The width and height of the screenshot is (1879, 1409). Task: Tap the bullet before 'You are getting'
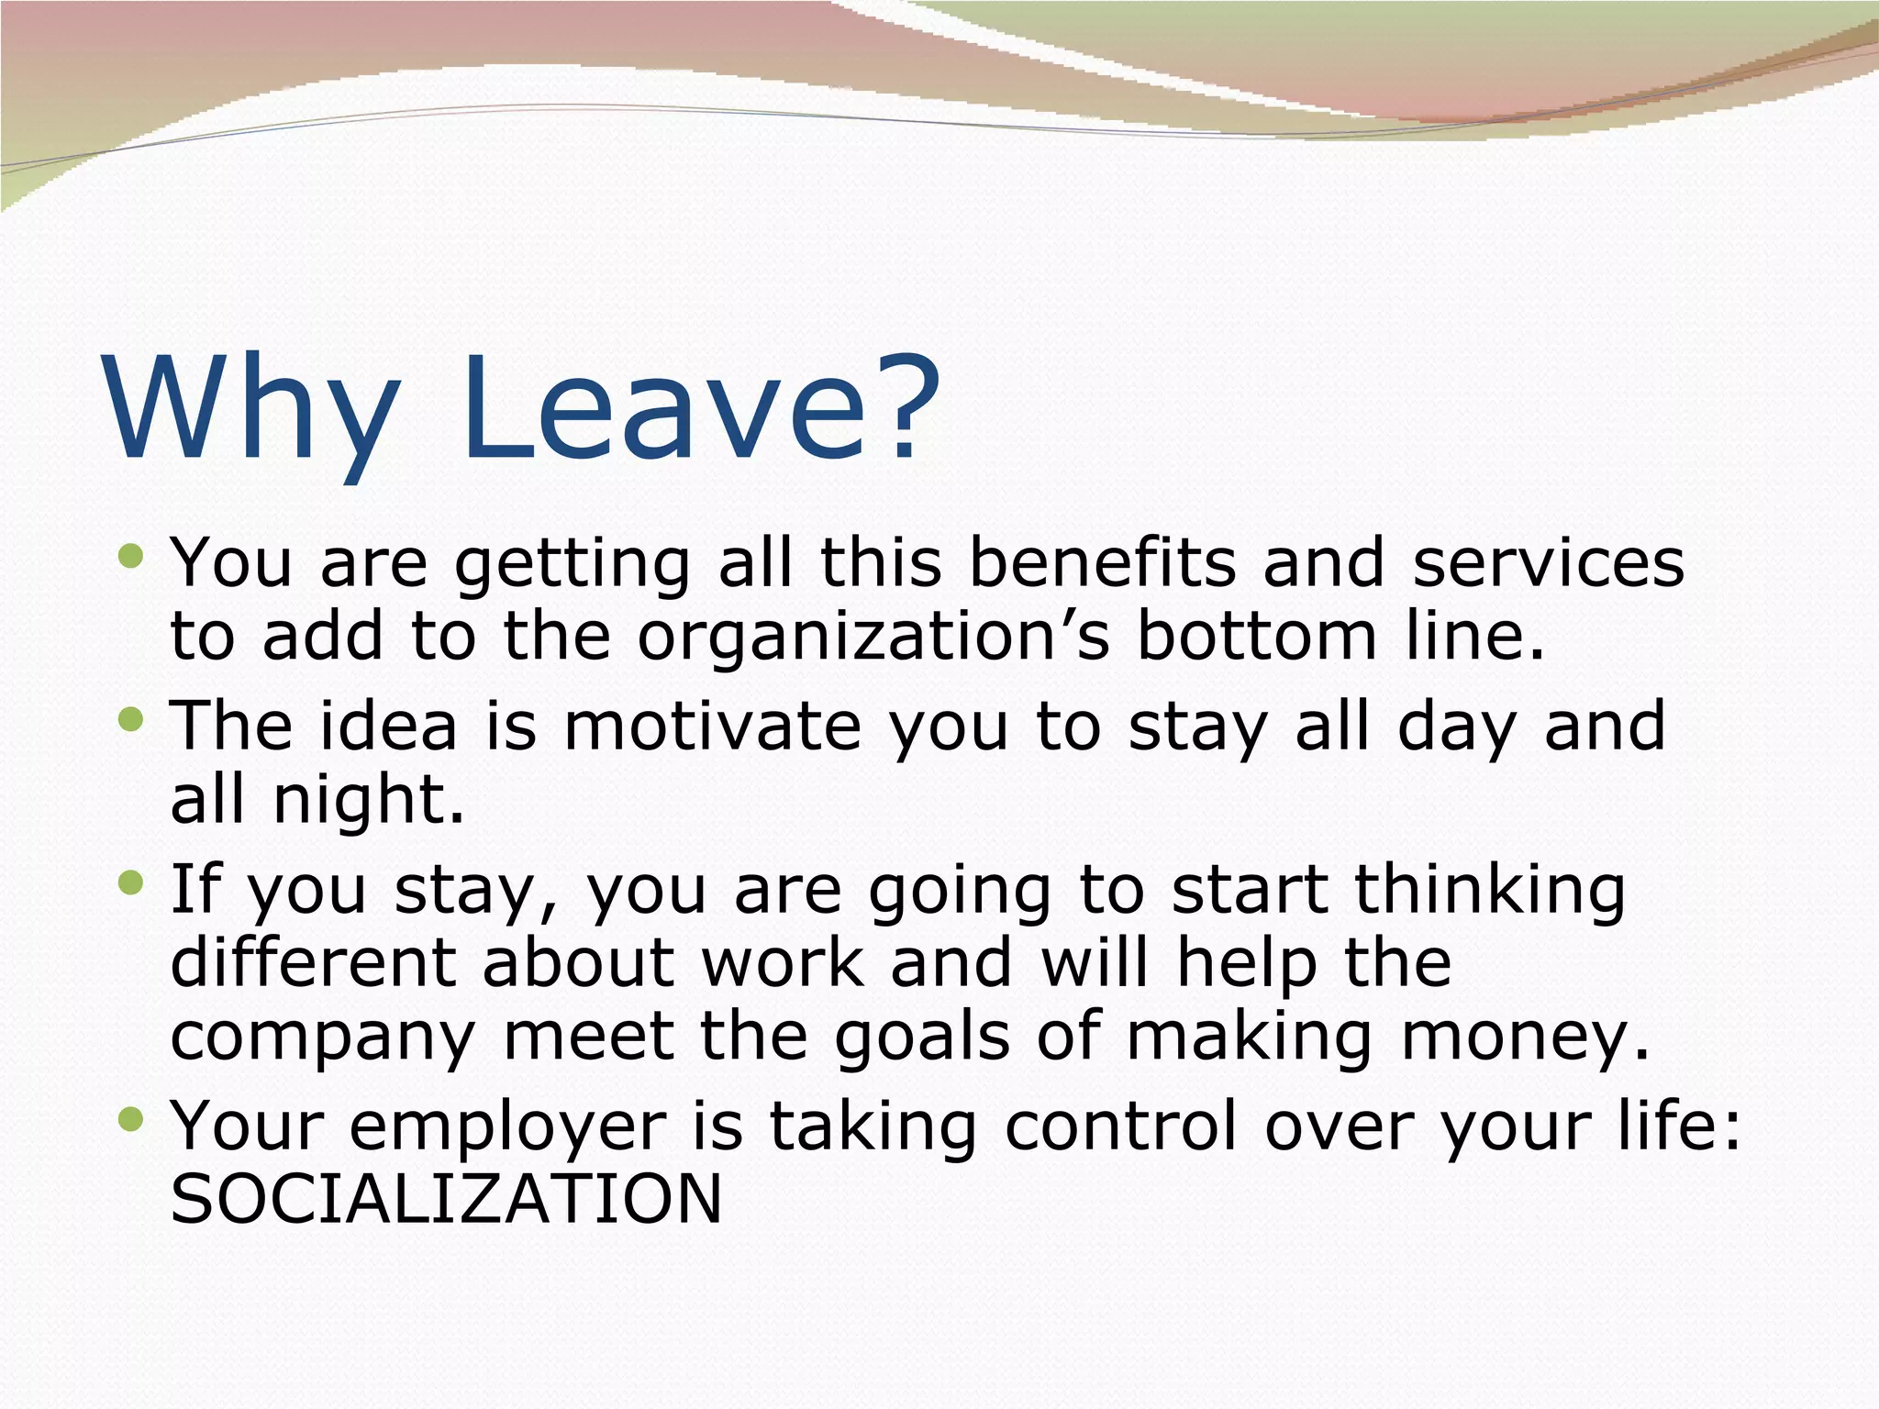click(x=131, y=556)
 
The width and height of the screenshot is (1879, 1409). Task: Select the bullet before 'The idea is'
click(x=131, y=719)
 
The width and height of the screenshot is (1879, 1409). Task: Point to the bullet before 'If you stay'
click(x=131, y=882)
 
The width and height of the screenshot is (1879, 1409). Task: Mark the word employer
click(x=508, y=1126)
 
